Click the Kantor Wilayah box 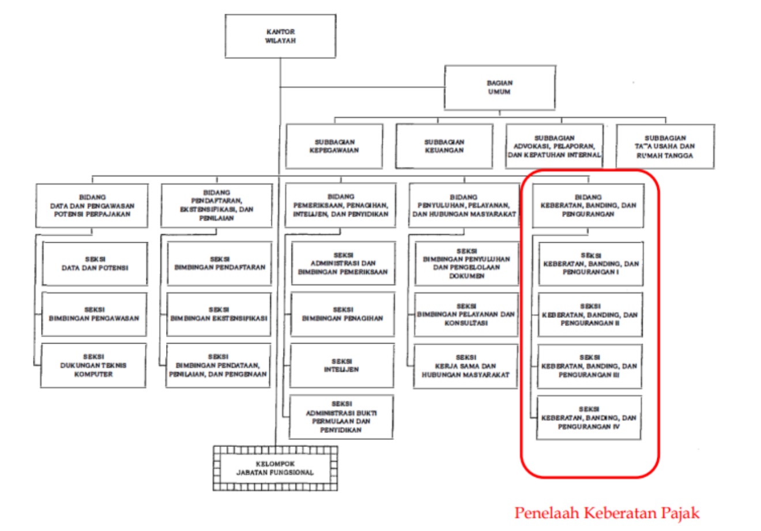click(x=280, y=36)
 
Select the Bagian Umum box click(x=499, y=88)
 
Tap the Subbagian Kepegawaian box click(x=334, y=146)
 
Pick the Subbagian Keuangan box click(x=444, y=146)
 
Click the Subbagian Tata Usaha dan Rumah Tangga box click(x=665, y=146)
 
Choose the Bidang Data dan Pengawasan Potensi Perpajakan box click(x=92, y=205)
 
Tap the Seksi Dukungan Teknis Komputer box click(x=93, y=366)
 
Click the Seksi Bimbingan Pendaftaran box click(x=220, y=263)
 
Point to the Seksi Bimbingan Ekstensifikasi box click(x=219, y=314)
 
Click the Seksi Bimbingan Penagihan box click(x=342, y=314)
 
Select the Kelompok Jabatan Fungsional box click(x=275, y=468)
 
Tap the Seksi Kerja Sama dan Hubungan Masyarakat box click(x=466, y=366)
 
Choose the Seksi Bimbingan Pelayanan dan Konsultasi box click(x=466, y=314)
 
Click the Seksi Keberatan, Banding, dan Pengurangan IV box click(x=589, y=418)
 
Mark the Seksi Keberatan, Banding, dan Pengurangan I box click(x=590, y=263)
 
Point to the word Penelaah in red click(x=546, y=513)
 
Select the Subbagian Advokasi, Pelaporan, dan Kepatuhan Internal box click(x=555, y=146)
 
